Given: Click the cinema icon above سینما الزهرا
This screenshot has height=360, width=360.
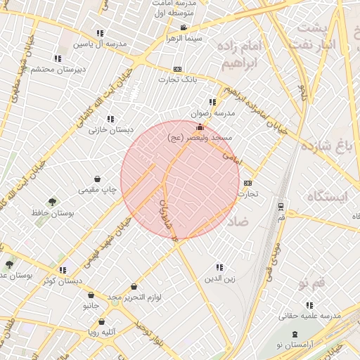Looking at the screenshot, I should pos(184,28).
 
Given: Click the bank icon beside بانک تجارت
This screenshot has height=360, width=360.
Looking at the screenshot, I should pos(177,70).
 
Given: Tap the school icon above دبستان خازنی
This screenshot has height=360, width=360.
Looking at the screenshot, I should pos(110,119).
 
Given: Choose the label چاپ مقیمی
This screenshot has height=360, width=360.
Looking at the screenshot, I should pos(97,190).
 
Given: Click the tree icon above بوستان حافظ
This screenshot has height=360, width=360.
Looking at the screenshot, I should pos(51,202).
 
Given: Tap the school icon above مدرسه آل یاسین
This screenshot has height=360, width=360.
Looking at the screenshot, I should pos(99,33).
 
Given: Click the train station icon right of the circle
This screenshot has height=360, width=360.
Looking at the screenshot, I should pos(281,206).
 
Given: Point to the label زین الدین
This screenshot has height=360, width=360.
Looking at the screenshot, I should pos(219,278).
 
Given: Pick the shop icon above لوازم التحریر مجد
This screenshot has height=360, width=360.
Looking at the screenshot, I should pos(134,287).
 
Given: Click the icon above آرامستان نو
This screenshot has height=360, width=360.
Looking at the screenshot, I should pos(293,334).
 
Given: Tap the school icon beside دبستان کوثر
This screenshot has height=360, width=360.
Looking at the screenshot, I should pos(63,270).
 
